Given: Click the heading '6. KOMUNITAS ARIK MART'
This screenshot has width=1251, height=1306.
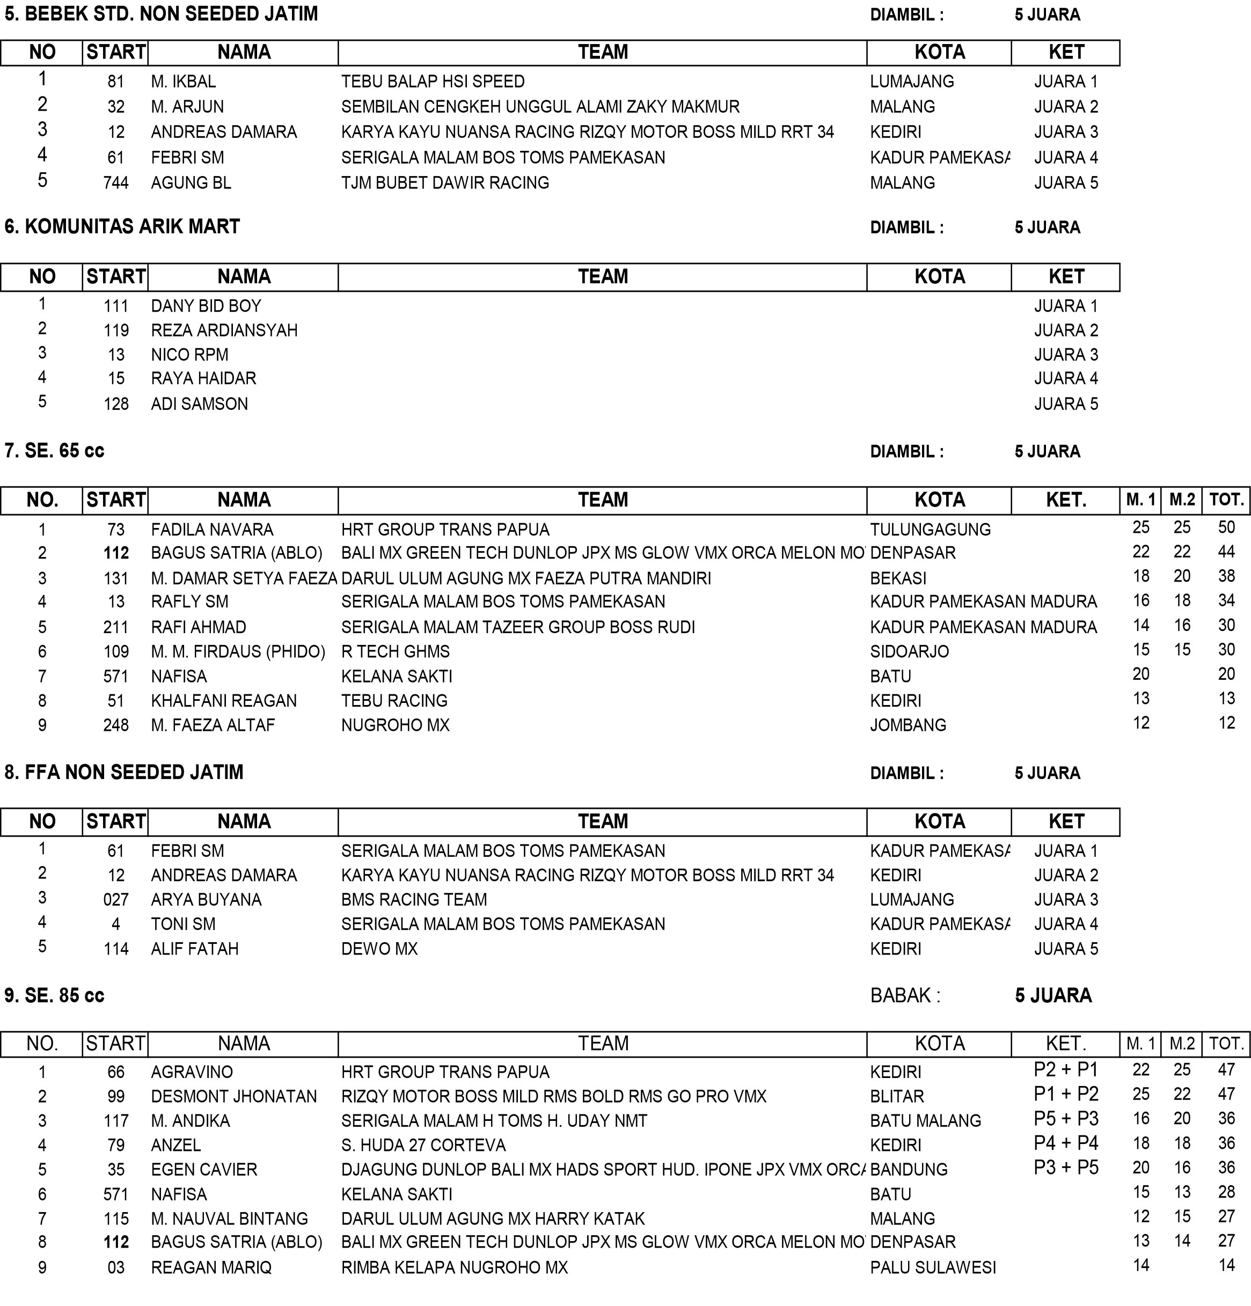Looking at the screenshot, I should coord(122,226).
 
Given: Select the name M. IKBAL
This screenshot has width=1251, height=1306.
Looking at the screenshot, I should coord(184,82).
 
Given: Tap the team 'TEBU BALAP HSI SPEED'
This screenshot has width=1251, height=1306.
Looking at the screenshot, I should coord(433,82).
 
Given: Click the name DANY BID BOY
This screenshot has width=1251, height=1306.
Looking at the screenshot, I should coord(206,306).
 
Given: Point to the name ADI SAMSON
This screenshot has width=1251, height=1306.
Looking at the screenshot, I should coord(199,404).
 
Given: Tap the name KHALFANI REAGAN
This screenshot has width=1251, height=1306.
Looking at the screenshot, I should coord(224,701).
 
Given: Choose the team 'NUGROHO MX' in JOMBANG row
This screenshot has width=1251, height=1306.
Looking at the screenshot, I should coord(395,725).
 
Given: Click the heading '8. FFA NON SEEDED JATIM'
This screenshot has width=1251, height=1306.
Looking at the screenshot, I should coord(124,772).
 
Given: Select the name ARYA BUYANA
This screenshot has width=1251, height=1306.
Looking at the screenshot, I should coord(206,899).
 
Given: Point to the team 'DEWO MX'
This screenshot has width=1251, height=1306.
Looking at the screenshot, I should coord(379,949).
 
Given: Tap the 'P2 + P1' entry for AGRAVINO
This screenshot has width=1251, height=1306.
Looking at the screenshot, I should coord(1066,1069).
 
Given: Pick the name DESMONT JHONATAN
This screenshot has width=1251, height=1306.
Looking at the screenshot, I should coord(234,1096).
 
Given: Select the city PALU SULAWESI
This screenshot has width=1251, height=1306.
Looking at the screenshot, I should coord(932,1267).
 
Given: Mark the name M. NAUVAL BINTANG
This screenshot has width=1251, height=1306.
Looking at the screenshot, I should coord(229,1219).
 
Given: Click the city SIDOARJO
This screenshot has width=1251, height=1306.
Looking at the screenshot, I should coord(909,652).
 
